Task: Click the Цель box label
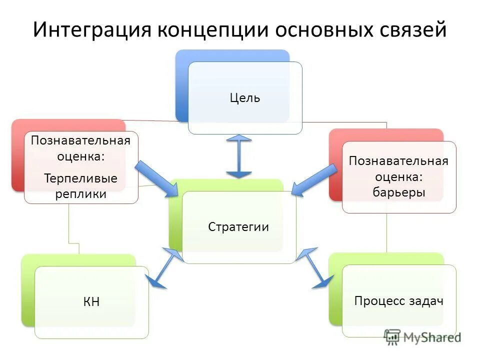click(245, 98)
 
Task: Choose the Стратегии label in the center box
click(238, 227)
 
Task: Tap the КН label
click(91, 302)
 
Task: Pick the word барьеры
click(399, 192)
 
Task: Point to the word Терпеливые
click(80, 178)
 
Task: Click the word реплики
click(80, 194)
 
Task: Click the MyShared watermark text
click(432, 337)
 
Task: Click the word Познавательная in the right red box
click(398, 161)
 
